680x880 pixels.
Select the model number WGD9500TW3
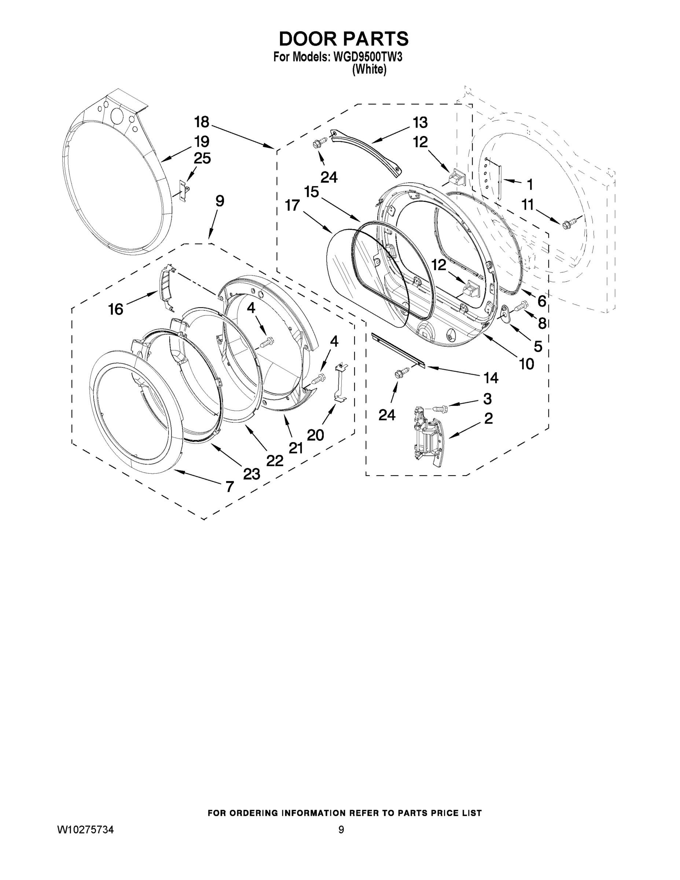(x=367, y=57)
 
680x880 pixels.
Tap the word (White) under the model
(x=369, y=70)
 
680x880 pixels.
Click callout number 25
(x=202, y=158)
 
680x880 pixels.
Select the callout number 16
(x=115, y=309)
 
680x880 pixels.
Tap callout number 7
(x=229, y=487)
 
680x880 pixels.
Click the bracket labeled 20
(x=339, y=381)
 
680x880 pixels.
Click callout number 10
(x=526, y=364)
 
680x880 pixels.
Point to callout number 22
(x=274, y=461)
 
